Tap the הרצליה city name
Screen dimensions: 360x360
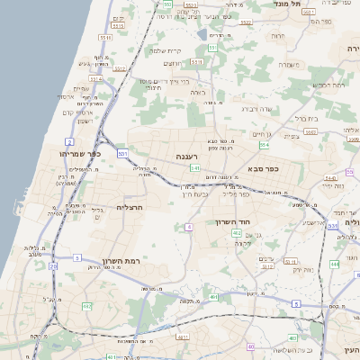[x=130, y=208]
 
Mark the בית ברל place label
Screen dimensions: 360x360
[x=306, y=118]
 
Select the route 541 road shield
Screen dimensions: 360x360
[x=194, y=167]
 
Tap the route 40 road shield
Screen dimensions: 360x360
[x=250, y=346]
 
